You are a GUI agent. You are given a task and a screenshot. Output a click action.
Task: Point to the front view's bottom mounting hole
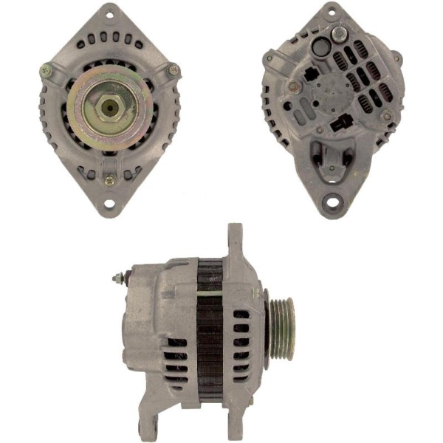(x=109, y=203)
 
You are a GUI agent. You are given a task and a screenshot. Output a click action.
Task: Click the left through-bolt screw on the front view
(x=46, y=71)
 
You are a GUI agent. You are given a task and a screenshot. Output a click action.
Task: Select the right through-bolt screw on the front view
(x=174, y=71)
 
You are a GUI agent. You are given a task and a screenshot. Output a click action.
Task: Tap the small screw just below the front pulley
(x=109, y=179)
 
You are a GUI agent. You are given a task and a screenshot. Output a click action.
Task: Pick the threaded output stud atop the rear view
(x=338, y=33)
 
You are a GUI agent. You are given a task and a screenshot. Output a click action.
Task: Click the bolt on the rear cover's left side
(x=295, y=87)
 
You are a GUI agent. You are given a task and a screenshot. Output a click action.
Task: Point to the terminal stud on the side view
(x=117, y=279)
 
